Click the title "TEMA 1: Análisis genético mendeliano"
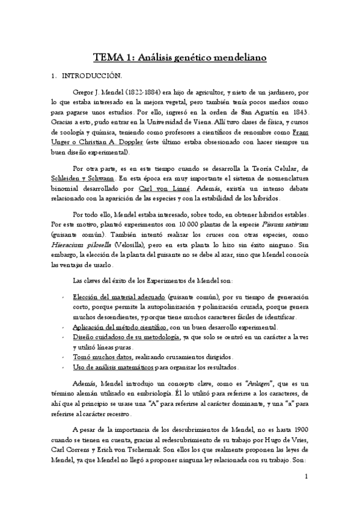click(180, 58)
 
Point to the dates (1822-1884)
click(142, 94)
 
